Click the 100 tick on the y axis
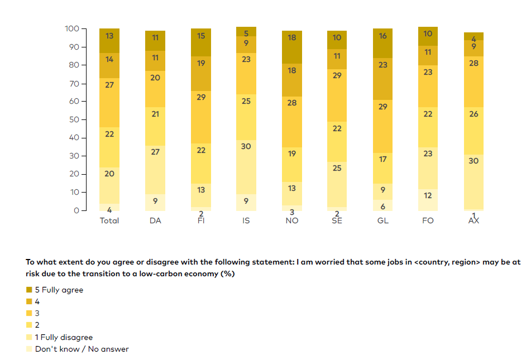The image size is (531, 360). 73,28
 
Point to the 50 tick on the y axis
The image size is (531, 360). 75,119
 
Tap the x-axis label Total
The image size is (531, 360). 109,220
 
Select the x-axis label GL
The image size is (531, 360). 382,220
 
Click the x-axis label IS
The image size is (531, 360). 246,220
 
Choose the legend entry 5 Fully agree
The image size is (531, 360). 59,290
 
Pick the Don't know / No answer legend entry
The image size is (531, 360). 82,349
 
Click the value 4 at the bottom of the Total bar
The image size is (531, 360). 109,210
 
